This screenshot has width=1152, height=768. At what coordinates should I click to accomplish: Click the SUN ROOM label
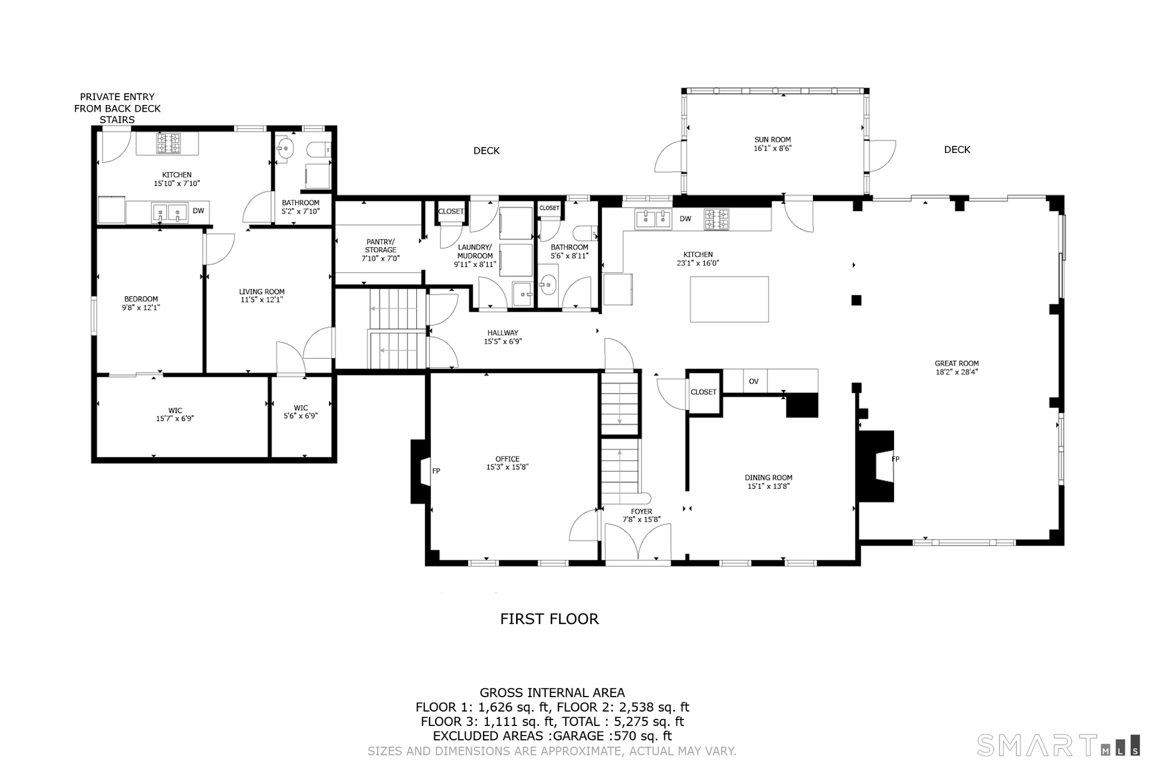[x=773, y=140]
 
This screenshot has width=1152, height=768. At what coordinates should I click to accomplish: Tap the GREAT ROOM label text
[x=956, y=363]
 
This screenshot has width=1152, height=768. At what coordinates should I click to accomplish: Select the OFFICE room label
[x=508, y=459]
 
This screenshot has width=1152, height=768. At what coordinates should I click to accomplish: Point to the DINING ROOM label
[x=769, y=478]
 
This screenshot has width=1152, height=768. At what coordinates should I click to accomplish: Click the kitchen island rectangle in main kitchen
[x=729, y=299]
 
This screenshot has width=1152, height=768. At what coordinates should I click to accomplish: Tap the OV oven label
[x=754, y=381]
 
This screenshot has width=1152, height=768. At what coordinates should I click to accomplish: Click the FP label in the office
[x=436, y=471]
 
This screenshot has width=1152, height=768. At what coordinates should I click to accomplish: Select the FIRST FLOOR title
[x=550, y=619]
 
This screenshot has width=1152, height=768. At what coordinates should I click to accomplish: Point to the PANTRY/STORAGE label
[x=380, y=246]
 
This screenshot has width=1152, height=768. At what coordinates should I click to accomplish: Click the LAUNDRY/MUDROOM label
[x=475, y=251]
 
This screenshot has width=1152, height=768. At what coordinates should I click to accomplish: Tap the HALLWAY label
[x=503, y=333]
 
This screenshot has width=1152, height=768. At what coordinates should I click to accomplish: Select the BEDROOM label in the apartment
[x=141, y=299]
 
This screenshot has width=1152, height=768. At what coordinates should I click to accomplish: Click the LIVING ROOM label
[x=262, y=292]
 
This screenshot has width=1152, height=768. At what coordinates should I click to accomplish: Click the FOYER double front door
[x=637, y=544]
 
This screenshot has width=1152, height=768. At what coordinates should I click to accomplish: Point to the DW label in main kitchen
[x=685, y=219]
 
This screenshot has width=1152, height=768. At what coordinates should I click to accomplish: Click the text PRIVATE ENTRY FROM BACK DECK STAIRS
[x=118, y=108]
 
